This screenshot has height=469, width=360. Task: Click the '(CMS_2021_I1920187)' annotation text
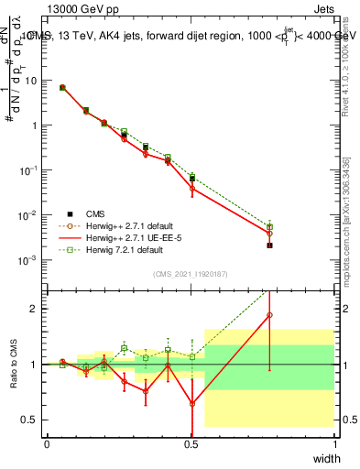[191, 273]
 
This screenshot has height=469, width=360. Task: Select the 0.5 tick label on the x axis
[191, 444]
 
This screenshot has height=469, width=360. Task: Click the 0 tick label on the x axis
[47, 444]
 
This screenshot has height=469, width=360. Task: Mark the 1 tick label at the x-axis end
[334, 444]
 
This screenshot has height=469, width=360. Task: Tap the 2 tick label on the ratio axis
[36, 309]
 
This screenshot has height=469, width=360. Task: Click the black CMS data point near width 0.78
[269, 245]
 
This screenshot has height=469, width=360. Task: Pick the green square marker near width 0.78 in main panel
[269, 226]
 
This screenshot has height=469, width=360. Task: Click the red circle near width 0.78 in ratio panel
[269, 315]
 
